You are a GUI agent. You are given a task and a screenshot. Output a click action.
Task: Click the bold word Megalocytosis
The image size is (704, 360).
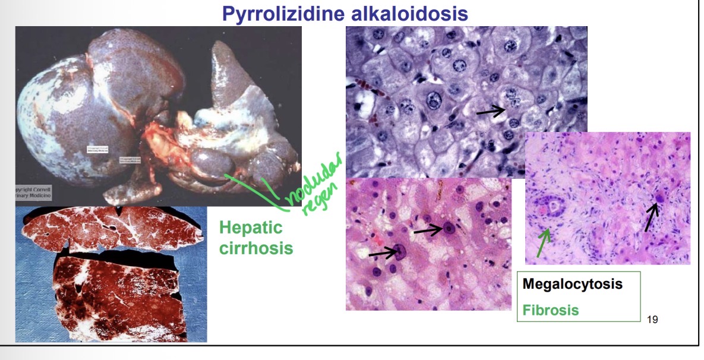(x=572, y=284)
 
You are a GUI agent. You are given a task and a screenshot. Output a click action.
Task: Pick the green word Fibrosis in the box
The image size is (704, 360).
(x=550, y=310)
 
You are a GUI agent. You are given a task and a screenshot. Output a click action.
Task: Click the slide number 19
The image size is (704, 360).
(x=652, y=320)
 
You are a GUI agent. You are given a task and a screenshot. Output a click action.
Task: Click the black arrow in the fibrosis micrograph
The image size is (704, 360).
(x=652, y=216)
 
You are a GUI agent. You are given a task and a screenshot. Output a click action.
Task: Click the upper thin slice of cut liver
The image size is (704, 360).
(x=110, y=228)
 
